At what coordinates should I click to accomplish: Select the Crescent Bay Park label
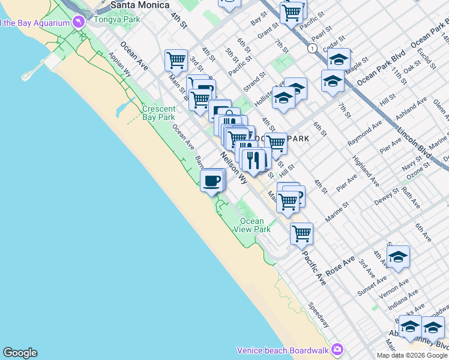coord(158,113)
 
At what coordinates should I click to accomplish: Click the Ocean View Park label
coord(252,225)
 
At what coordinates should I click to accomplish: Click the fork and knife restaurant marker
coord(253,159)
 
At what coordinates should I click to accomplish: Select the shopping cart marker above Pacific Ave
coord(301,233)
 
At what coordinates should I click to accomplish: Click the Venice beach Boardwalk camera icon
coord(337,349)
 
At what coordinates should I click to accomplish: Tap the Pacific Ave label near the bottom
coord(315,268)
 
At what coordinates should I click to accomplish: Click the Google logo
coord(20,353)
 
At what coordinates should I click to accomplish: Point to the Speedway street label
coord(319,314)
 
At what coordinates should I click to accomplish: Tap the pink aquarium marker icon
coord(79,22)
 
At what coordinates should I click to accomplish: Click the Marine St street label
coord(337,215)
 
